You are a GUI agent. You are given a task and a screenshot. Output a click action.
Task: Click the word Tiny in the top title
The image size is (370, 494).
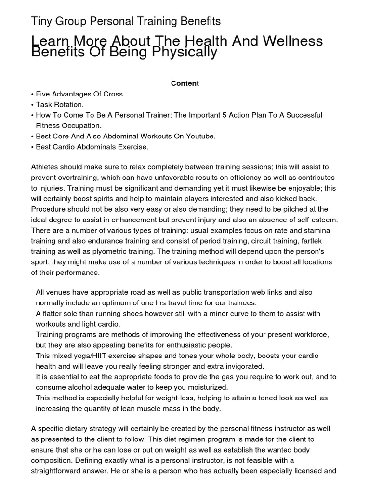click(41, 21)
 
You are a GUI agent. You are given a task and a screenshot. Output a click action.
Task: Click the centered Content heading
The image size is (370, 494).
click(185, 83)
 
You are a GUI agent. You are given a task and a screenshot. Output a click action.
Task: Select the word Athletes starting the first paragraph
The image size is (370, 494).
click(46, 167)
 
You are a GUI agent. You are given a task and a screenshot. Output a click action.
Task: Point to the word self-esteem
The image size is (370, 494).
click(317, 220)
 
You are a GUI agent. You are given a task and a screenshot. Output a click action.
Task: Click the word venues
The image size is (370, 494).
click(58, 292)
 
